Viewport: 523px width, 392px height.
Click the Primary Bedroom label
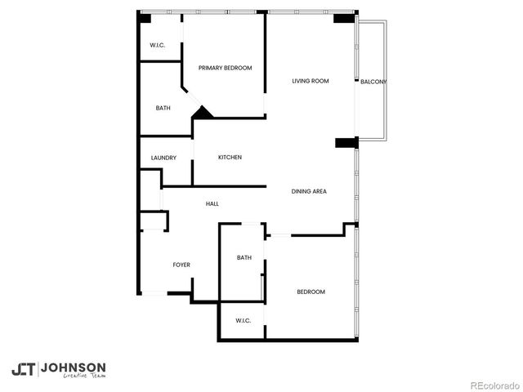click(x=225, y=68)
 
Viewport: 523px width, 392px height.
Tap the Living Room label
click(x=311, y=81)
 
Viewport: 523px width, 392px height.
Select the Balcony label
click(x=372, y=82)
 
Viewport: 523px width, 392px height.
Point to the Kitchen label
click(x=230, y=157)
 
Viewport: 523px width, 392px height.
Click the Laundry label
click(x=163, y=158)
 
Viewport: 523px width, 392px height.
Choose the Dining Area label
click(x=309, y=191)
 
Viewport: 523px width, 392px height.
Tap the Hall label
click(x=212, y=203)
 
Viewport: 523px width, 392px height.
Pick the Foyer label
click(x=181, y=265)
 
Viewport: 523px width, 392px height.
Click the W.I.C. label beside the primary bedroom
click(x=158, y=45)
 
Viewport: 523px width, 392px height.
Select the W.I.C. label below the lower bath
click(x=243, y=320)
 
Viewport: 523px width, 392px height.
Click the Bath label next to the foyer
click(x=244, y=258)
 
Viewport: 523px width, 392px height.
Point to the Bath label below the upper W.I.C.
click(x=163, y=108)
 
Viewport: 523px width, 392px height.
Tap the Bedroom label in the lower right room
click(x=311, y=292)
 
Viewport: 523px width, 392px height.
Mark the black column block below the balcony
click(x=346, y=143)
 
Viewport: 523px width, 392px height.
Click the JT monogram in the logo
click(x=23, y=369)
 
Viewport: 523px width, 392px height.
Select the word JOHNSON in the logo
click(x=73, y=367)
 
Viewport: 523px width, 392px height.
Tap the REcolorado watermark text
click(x=491, y=385)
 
